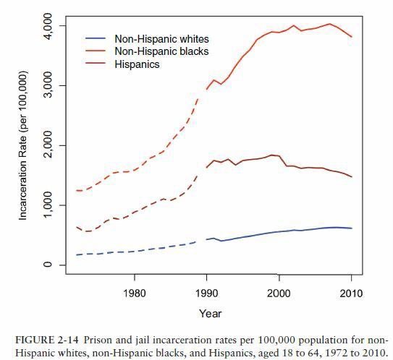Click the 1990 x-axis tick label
206,293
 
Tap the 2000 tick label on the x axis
279,293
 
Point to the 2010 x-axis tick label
351,293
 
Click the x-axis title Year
211,314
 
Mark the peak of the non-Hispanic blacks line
329,24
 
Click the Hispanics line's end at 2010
352,177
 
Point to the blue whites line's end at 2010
352,228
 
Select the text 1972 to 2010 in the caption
345,352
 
